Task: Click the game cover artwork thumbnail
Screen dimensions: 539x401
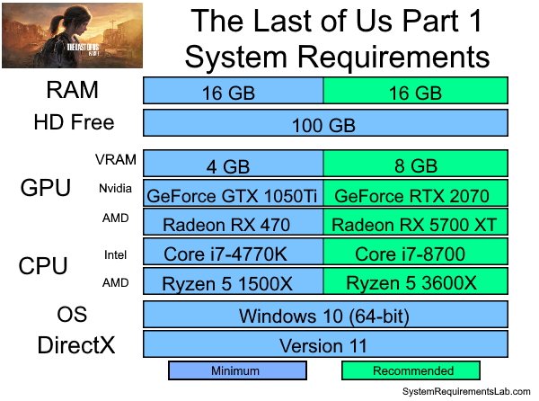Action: [x=72, y=35]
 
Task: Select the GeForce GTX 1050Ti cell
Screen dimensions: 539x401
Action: [x=233, y=193]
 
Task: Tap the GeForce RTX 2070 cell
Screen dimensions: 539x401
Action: [x=416, y=193]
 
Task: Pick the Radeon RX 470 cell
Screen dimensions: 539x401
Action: [x=233, y=222]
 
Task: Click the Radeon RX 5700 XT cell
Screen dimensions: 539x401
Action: [x=416, y=222]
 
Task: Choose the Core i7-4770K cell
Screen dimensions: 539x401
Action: [x=233, y=252]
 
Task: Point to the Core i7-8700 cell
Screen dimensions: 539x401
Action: [x=416, y=252]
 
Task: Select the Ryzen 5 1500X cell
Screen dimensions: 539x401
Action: [x=233, y=281]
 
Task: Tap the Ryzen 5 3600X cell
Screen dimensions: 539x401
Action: [x=416, y=281]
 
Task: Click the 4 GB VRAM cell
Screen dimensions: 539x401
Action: [x=233, y=164]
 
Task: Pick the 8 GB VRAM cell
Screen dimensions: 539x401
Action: [x=416, y=164]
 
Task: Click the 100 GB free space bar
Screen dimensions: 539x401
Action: [x=325, y=123]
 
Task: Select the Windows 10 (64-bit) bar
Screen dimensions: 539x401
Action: [x=325, y=315]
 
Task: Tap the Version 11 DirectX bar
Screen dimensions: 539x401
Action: [x=325, y=344]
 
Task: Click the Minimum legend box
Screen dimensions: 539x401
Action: [x=237, y=370]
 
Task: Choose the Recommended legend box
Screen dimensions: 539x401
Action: [x=411, y=370]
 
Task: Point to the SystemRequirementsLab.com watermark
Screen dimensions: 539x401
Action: [x=466, y=391]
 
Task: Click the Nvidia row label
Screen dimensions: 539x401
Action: [x=115, y=189]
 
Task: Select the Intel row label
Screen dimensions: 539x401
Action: [x=115, y=254]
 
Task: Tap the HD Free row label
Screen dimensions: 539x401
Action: [x=74, y=122]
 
